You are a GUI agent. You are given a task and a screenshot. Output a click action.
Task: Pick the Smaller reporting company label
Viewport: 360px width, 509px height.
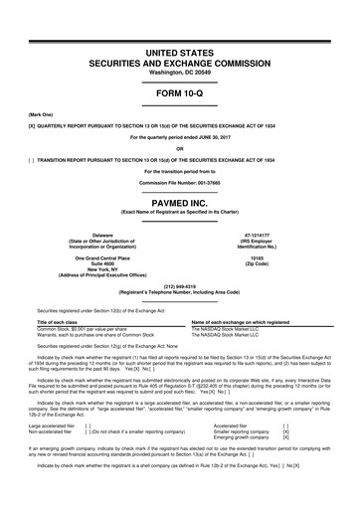click(242, 430)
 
